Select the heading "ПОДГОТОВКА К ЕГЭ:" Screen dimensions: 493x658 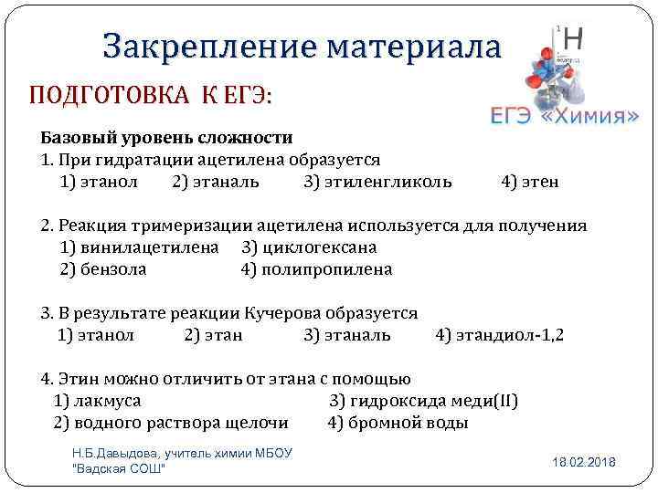tap(151, 96)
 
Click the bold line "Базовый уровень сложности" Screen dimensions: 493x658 tap(166, 138)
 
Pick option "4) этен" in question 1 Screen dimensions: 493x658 tap(530, 182)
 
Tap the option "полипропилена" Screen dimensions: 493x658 tap(326, 269)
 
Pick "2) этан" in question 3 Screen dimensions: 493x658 tap(213, 335)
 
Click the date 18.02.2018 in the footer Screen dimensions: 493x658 tap(584, 463)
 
